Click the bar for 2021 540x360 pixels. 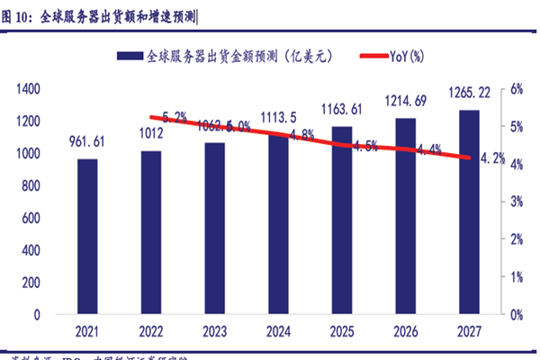(x=87, y=237)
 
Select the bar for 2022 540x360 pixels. (x=151, y=232)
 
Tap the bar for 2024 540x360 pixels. (x=278, y=225)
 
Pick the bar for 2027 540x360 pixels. (x=470, y=212)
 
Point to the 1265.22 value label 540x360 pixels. (x=471, y=92)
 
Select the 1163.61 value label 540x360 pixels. (x=343, y=109)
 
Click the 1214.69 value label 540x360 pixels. (x=407, y=101)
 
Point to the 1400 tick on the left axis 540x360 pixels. (x=29, y=88)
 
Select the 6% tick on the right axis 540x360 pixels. (x=517, y=88)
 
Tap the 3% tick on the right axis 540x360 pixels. (x=517, y=202)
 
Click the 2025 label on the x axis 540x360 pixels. (x=343, y=331)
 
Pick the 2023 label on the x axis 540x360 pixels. (x=215, y=331)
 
